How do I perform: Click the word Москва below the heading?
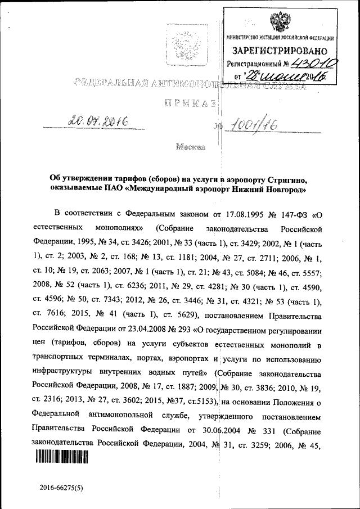[191, 148]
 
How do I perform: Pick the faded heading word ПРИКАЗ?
[188, 103]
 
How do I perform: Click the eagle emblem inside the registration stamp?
[279, 22]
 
